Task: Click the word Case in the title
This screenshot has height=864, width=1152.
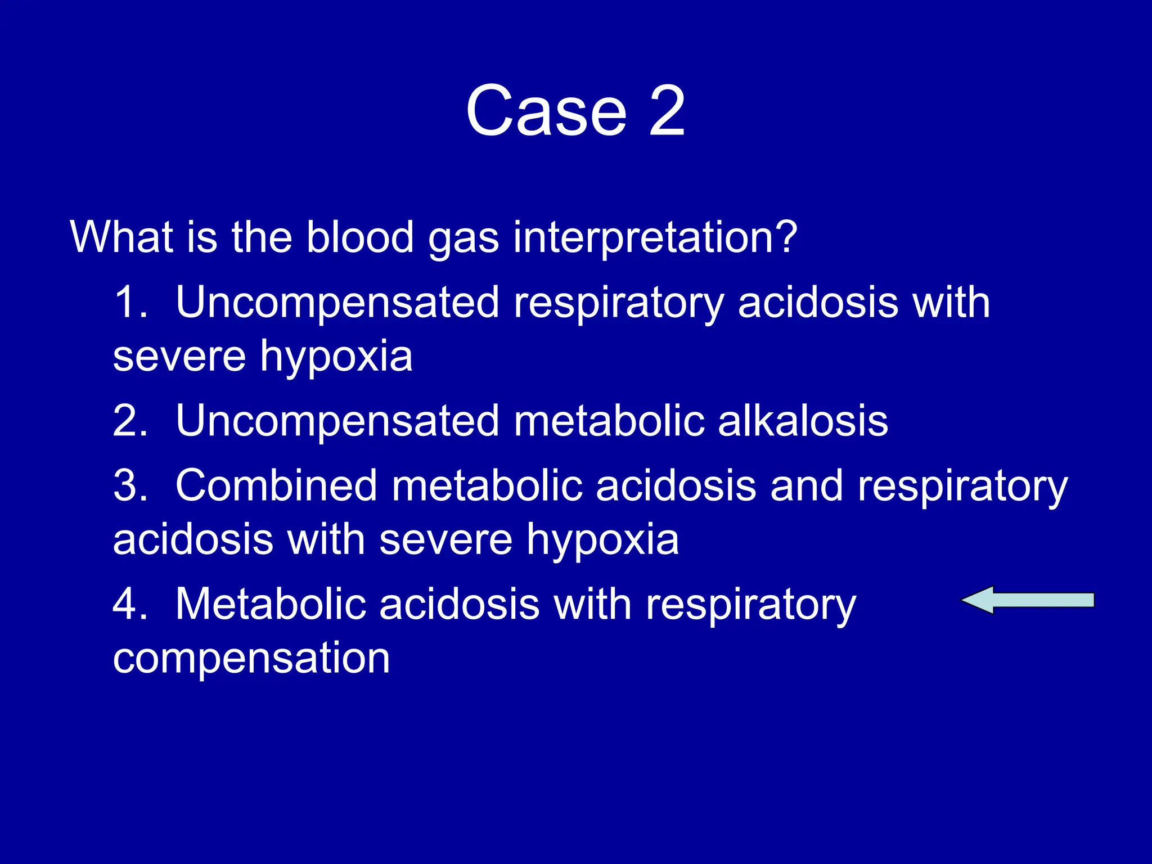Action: (546, 111)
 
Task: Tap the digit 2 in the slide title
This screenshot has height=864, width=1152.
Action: (667, 111)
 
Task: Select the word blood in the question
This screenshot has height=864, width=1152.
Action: (360, 237)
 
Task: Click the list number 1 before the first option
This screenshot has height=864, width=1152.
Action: (129, 302)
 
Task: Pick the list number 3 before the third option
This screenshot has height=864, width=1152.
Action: (129, 485)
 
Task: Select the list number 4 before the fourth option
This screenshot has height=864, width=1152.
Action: (129, 604)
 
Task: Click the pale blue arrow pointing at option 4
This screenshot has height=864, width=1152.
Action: (1027, 600)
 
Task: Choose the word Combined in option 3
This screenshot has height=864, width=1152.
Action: (276, 485)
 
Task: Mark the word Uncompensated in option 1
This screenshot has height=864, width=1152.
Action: (337, 302)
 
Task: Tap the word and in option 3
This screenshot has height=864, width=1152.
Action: (806, 485)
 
